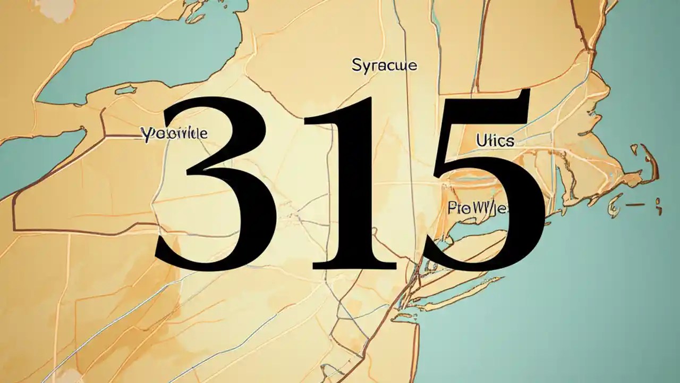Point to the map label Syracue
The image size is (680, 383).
pos(384,66)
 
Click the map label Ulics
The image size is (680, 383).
pos(495,141)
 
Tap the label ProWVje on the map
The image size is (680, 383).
pos(477,207)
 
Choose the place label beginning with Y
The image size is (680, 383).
pos(174,133)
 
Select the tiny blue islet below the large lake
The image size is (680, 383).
pos(125,91)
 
